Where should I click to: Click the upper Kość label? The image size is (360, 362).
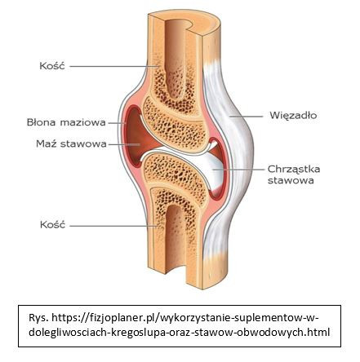pyautogui.click(x=52, y=66)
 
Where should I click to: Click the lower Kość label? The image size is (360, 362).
pyautogui.click(x=53, y=225)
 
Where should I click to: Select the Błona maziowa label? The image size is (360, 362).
pyautogui.click(x=66, y=122)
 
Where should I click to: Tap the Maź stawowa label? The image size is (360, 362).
pyautogui.click(x=71, y=143)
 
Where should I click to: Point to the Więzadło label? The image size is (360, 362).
pyautogui.click(x=293, y=116)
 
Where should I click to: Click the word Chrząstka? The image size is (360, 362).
pyautogui.click(x=294, y=169)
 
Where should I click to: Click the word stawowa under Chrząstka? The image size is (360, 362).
pyautogui.click(x=291, y=180)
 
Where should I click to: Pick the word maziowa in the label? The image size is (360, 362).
pyautogui.click(x=82, y=122)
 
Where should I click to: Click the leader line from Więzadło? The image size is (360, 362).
pyautogui.click(x=247, y=117)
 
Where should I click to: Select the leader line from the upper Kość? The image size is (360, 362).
pyautogui.click(x=114, y=66)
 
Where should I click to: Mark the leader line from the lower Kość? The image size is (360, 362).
pyautogui.click(x=114, y=226)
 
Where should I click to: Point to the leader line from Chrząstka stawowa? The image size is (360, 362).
pyautogui.click(x=238, y=170)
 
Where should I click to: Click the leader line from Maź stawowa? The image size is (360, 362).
pyautogui.click(x=124, y=144)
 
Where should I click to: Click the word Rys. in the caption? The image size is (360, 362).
pyautogui.click(x=38, y=317)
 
